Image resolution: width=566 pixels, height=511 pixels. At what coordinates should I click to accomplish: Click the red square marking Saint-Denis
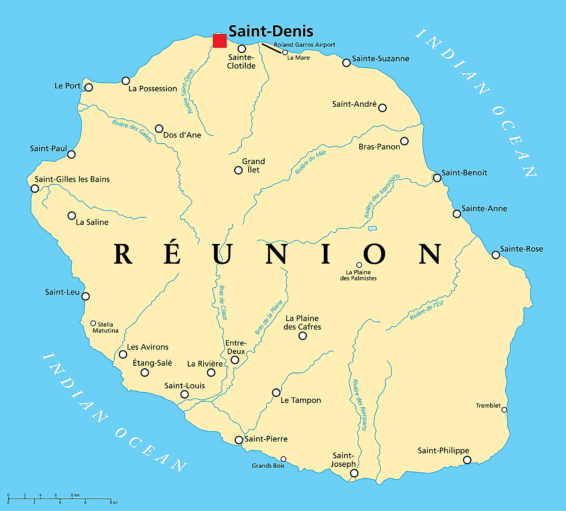220,41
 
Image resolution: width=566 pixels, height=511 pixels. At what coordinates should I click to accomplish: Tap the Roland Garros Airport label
304,45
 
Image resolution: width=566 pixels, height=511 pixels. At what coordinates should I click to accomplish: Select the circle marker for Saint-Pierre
239,440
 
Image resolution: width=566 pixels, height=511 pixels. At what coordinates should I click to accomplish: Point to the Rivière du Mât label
310,162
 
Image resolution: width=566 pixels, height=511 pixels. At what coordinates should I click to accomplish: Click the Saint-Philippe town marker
467,460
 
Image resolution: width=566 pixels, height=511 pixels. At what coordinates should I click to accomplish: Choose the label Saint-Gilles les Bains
72,179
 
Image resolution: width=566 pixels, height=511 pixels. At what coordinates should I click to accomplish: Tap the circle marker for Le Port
89,87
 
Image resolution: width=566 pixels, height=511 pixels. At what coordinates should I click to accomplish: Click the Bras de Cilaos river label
223,303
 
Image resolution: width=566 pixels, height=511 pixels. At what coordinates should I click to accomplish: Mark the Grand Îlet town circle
238,170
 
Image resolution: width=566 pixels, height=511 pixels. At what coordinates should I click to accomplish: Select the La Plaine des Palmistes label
358,275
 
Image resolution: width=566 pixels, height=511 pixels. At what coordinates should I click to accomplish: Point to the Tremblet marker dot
504,410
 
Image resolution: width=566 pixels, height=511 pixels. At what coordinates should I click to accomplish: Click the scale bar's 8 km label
75,495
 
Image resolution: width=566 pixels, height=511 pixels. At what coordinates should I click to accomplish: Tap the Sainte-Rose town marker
496,255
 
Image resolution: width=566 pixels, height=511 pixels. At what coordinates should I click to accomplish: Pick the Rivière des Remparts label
359,405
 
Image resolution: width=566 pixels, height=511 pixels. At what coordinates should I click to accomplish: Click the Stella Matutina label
105,328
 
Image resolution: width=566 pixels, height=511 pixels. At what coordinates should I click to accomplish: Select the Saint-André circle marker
382,108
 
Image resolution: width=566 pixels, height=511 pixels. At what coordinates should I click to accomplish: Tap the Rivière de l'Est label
427,310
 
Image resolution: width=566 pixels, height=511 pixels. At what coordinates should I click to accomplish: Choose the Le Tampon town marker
276,393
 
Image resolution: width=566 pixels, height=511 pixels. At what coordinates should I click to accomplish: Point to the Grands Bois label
268,466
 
